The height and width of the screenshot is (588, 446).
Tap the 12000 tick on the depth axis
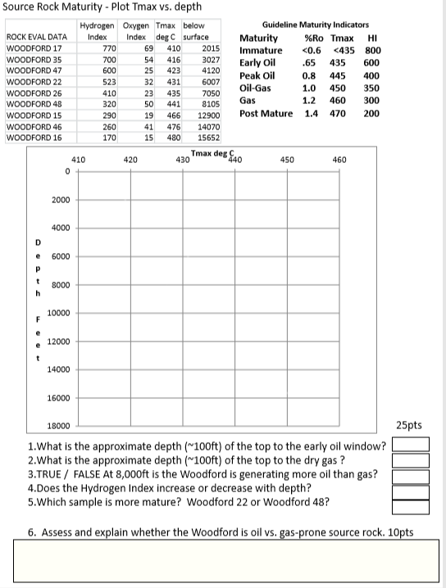(x=60, y=341)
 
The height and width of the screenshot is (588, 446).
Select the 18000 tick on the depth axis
(x=60, y=427)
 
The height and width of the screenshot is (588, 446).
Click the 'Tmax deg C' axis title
(x=212, y=154)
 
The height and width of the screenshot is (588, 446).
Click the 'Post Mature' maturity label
(x=266, y=113)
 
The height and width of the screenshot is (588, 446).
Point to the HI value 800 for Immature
(x=371, y=50)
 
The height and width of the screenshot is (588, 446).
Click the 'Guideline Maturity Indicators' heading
(x=315, y=25)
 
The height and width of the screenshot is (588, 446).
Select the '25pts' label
(x=408, y=425)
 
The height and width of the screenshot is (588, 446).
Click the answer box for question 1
(x=411, y=445)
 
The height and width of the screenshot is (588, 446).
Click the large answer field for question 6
(x=222, y=563)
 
